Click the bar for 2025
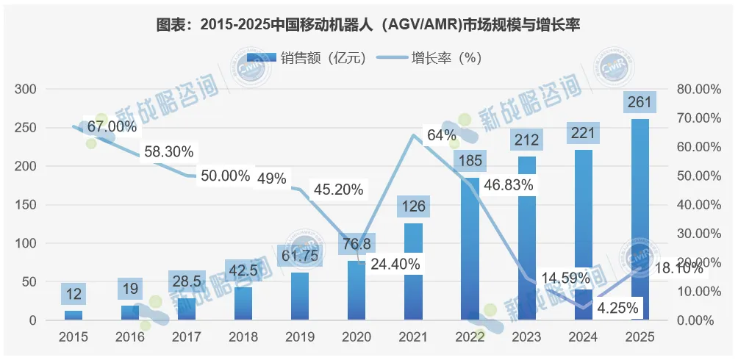point(640,220)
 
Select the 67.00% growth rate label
point(112,126)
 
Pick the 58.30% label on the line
point(168,152)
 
